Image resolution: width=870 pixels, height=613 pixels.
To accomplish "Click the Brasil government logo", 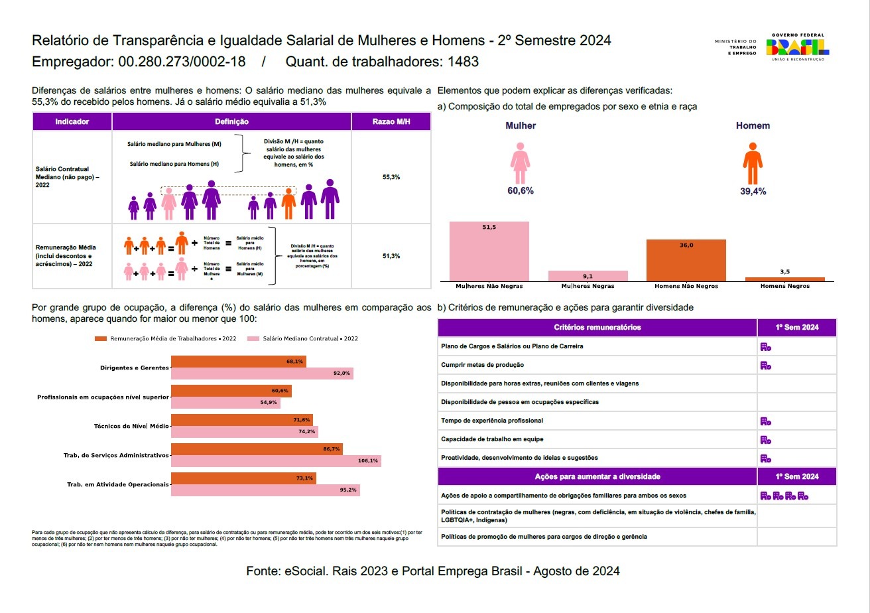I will coord(797,47).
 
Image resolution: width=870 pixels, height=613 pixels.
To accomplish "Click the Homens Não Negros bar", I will coord(686,260).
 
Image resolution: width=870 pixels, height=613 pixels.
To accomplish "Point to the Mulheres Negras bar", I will coord(588,276).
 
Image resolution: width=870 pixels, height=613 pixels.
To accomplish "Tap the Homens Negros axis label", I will coord(785,286).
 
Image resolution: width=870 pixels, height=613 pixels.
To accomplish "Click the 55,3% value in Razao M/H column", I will coord(391,177).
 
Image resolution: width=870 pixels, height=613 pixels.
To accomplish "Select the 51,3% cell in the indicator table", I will coord(391,255).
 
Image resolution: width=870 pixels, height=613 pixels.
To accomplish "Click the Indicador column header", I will coord(72,121).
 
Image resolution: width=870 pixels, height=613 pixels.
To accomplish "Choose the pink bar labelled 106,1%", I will coord(276,461).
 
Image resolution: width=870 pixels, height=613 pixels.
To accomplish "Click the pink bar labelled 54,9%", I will coord(225,403).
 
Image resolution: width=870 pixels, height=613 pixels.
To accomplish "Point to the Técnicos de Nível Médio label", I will coord(135,426).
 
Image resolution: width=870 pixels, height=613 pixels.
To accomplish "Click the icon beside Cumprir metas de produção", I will coord(766,365).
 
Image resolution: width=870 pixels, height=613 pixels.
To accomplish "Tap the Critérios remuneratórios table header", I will coord(597,327).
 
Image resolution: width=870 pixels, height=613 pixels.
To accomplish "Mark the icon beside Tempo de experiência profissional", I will coord(766,421).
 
